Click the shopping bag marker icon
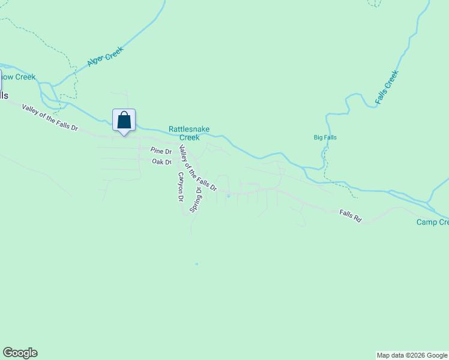click(x=124, y=120)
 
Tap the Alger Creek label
click(x=105, y=56)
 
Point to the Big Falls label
click(x=325, y=137)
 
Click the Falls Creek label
click(x=387, y=88)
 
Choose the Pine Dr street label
click(x=161, y=151)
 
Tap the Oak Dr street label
click(x=161, y=161)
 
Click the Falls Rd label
click(x=350, y=215)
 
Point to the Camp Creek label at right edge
click(x=433, y=223)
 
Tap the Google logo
click(x=20, y=353)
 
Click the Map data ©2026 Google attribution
click(x=412, y=355)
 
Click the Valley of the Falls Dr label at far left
click(x=50, y=118)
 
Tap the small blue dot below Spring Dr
click(x=196, y=263)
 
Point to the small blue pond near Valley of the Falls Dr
click(x=228, y=196)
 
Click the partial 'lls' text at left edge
click(x=4, y=96)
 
